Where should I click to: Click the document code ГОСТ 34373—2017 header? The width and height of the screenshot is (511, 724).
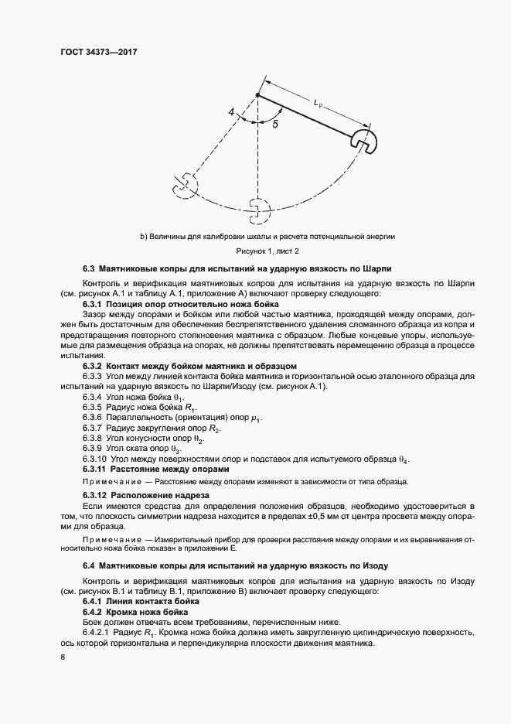tap(104, 51)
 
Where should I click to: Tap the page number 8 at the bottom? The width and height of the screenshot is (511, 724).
tap(62, 657)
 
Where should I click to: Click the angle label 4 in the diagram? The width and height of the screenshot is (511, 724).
tap(231, 113)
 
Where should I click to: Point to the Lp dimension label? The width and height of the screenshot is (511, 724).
tap(320, 101)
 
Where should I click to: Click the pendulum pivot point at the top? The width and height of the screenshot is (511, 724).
tap(257, 95)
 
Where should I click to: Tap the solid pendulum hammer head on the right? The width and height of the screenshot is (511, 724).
tap(362, 141)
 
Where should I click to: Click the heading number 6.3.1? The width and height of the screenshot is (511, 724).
tap(94, 305)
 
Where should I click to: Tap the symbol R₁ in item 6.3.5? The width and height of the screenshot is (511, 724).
tap(189, 407)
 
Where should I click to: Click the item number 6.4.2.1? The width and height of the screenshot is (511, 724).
tap(97, 632)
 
